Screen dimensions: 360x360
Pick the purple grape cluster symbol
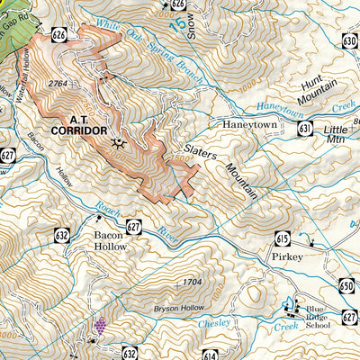click(x=101, y=325)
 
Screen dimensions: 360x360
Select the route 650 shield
click(x=348, y=285)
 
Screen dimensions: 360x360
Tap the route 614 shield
click(x=210, y=354)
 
